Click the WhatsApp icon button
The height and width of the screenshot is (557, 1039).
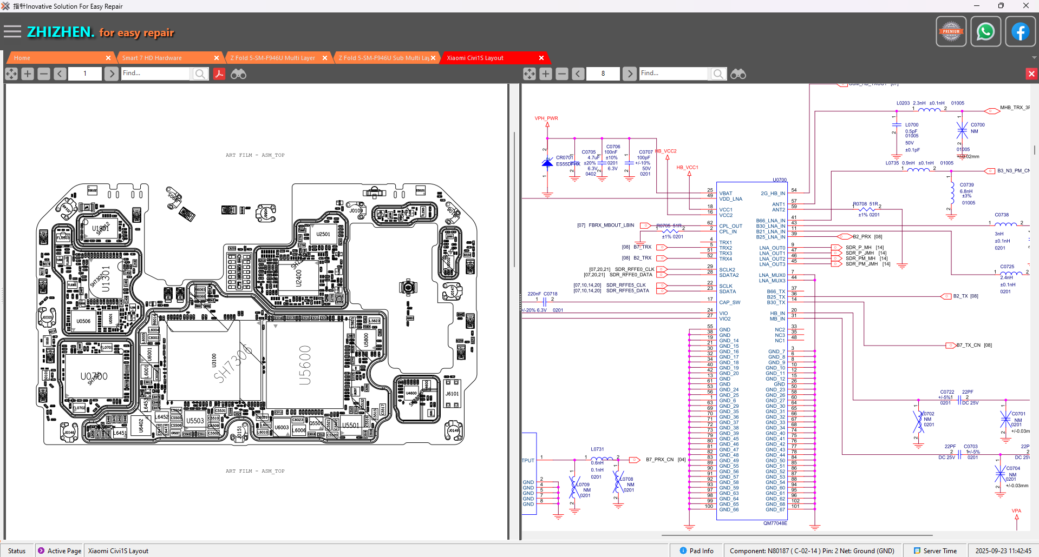985,31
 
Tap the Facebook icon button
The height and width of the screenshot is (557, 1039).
1020,31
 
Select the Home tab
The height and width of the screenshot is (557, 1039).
22,58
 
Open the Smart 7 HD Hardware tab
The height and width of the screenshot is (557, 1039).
152,58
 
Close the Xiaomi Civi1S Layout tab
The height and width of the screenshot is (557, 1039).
541,58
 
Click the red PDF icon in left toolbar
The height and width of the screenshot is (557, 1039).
219,74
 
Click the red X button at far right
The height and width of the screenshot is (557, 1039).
1031,74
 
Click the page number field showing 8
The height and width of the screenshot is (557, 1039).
603,74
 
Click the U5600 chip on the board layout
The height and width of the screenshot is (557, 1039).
305,365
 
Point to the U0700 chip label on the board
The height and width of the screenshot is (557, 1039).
94,376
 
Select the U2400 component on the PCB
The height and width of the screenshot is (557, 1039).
298,278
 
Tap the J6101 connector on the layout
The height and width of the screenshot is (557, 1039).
452,394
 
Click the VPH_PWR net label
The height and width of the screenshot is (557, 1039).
546,118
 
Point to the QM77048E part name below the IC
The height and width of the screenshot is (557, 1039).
775,523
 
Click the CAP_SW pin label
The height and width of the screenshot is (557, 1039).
729,302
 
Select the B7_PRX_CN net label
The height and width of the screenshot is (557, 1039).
659,460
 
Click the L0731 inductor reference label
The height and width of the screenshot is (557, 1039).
597,449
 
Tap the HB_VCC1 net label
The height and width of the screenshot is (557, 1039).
687,167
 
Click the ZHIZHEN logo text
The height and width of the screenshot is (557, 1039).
61,32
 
